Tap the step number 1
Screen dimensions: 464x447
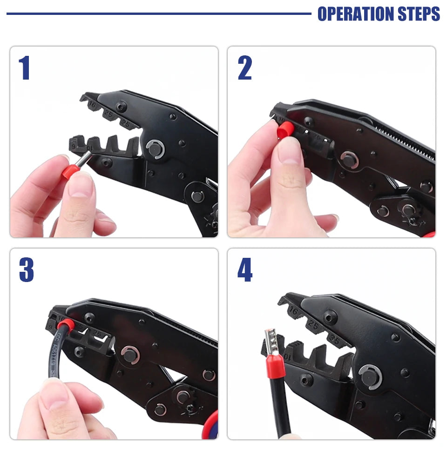(24, 68)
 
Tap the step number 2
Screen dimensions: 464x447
(244, 68)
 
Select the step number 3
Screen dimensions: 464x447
(26, 270)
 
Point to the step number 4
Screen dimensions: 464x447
(245, 270)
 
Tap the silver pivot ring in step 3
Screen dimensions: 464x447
(130, 354)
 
